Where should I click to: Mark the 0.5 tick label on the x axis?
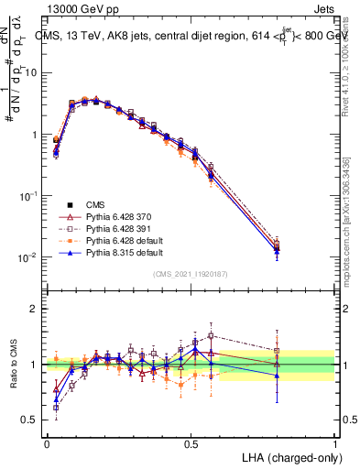click(191, 442)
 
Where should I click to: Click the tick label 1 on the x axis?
click(335, 442)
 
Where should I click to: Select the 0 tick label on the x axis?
click(47, 442)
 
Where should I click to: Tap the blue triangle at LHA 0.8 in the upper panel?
click(278, 250)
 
